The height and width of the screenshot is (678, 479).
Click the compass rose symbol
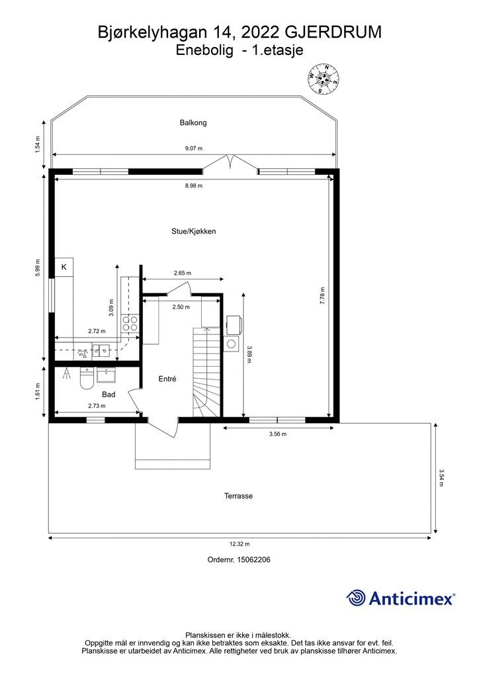[323, 78]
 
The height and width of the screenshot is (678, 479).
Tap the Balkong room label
[193, 122]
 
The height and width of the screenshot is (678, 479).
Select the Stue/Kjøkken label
[193, 231]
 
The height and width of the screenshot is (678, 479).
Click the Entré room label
[167, 379]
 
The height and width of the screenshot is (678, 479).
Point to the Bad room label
[109, 395]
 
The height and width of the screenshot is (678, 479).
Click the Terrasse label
[238, 496]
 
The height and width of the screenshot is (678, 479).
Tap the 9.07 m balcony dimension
[193, 148]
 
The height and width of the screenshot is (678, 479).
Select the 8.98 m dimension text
[193, 185]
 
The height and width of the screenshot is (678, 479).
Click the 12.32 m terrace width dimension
[239, 544]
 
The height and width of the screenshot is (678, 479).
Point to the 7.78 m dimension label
[322, 296]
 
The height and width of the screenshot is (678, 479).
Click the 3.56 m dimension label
[278, 434]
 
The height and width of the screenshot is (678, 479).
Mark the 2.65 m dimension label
[182, 273]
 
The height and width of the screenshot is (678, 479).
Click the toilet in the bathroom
[87, 378]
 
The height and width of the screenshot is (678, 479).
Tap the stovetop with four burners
[130, 324]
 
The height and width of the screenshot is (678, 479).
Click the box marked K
[64, 267]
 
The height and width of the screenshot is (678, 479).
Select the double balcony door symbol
[231, 163]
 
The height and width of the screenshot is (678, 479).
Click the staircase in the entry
[207, 372]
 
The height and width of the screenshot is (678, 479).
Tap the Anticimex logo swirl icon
[356, 598]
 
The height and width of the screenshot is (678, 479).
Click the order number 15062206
[254, 559]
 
